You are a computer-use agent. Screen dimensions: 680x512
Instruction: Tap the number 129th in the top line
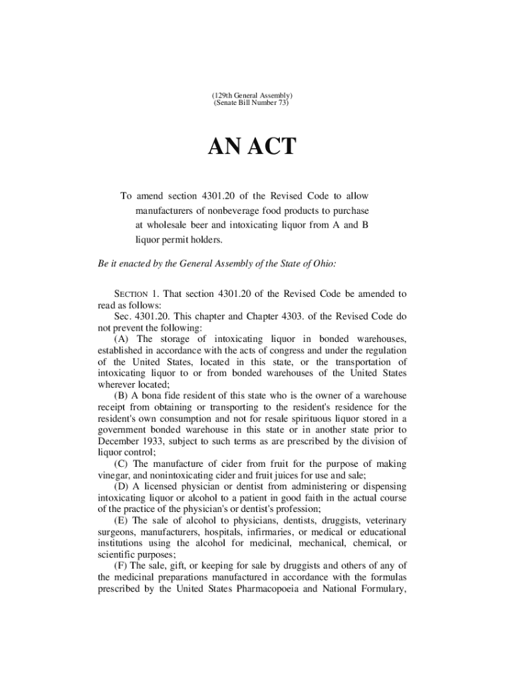(223, 95)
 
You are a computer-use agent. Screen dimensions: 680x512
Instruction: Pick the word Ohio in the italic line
(322, 264)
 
